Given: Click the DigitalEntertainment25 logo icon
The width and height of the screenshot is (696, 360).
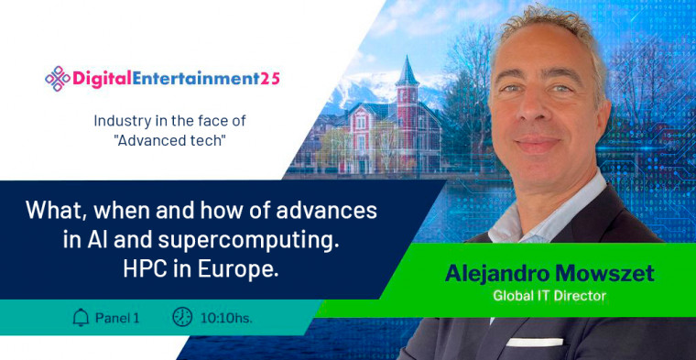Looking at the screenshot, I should click(x=57, y=78).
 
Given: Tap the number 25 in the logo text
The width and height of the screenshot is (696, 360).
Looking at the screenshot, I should click(x=268, y=79).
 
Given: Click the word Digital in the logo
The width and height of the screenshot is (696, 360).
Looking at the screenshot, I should click(x=102, y=79).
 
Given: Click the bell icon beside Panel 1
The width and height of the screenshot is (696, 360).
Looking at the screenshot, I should click(x=81, y=317).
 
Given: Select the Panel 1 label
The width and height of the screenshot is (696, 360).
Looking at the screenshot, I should click(x=117, y=318).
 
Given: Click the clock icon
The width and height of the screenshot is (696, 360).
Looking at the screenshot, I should click(x=182, y=317).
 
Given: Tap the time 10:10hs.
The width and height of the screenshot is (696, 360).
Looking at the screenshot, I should click(x=226, y=318).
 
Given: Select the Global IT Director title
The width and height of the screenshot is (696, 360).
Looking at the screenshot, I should click(x=549, y=296).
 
